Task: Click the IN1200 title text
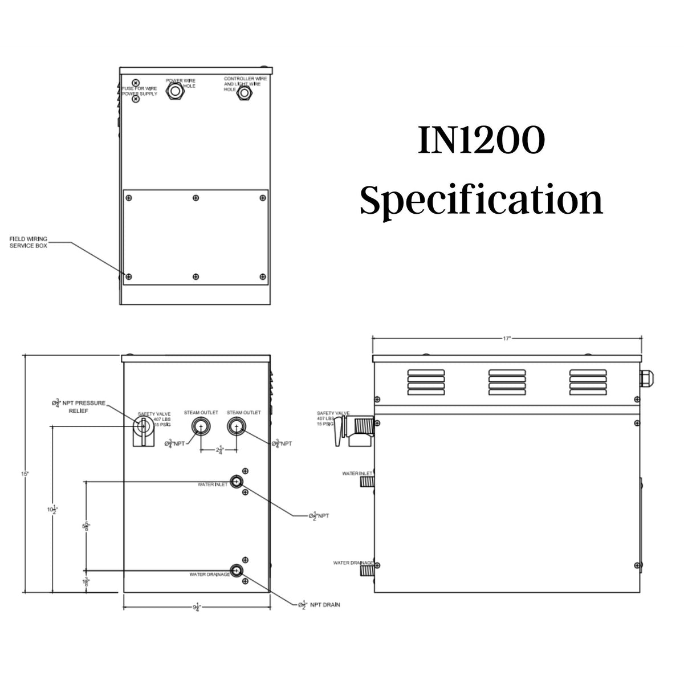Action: [x=481, y=141]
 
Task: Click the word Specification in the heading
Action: [x=481, y=201]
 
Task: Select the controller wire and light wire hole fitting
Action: [x=243, y=92]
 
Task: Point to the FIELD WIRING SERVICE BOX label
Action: [x=28, y=242]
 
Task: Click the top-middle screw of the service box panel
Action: [x=196, y=198]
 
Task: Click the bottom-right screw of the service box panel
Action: [x=262, y=277]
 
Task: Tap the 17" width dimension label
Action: [x=507, y=338]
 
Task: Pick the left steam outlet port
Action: [x=201, y=426]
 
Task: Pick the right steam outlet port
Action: [x=235, y=426]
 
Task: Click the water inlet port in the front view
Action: [x=236, y=482]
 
